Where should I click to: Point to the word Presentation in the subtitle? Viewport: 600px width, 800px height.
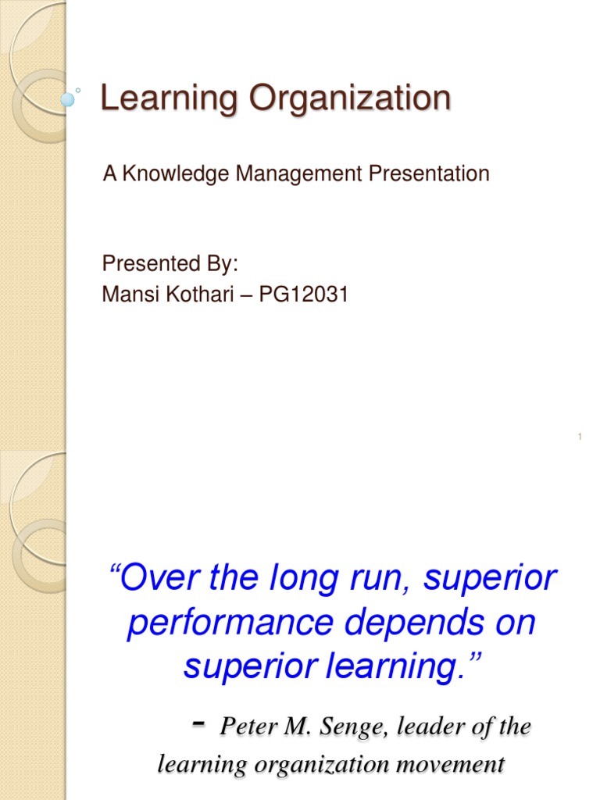tap(429, 173)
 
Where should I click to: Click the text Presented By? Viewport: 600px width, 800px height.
tap(170, 264)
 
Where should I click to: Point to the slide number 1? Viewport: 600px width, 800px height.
tap(580, 436)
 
